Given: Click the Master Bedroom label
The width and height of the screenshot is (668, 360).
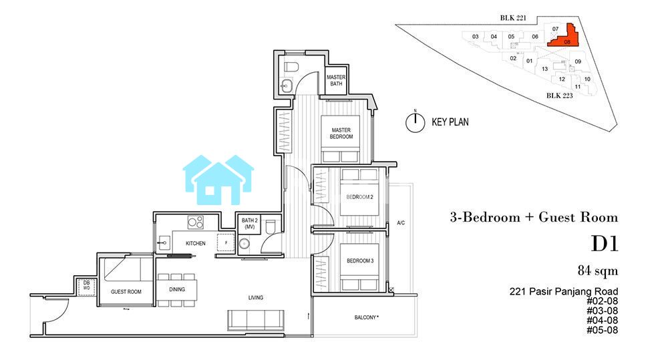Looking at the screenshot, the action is pos(341,134).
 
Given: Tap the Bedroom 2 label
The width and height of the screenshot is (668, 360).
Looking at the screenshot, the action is pos(359,197).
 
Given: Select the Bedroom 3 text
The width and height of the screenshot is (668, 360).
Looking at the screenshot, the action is pos(360,260).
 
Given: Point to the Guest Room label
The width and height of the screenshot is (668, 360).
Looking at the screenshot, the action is pos(126,292).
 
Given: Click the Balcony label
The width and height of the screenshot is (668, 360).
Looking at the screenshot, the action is pos(366,317).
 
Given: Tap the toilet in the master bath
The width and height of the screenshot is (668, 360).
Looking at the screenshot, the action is pos(292,67).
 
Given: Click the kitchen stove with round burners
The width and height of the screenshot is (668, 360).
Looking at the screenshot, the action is pos(196,222).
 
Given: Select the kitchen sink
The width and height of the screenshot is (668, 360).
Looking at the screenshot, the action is pos(164,243).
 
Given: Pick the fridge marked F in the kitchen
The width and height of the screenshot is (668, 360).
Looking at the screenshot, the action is pos(226,243).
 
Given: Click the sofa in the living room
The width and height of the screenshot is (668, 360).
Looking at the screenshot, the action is pos(256,319).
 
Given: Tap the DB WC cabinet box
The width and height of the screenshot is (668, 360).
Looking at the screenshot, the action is pos(86,285).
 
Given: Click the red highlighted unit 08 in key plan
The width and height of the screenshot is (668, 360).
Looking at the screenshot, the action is pos(565,37).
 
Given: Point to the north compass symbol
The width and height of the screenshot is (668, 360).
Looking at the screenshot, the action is pos(415,122).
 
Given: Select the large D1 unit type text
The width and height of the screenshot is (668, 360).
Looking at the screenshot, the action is pos(605,244).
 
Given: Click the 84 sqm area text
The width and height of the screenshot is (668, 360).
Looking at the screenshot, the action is pos(598,271).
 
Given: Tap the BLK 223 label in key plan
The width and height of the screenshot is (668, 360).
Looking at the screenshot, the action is pos(559,96).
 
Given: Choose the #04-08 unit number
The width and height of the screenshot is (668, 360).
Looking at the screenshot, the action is pos(602,321).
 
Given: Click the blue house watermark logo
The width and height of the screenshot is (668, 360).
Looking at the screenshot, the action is pos(218,180).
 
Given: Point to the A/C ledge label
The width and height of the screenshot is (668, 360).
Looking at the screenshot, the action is pos(401,223).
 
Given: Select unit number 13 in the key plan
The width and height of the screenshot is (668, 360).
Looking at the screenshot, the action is pos(544,69).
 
